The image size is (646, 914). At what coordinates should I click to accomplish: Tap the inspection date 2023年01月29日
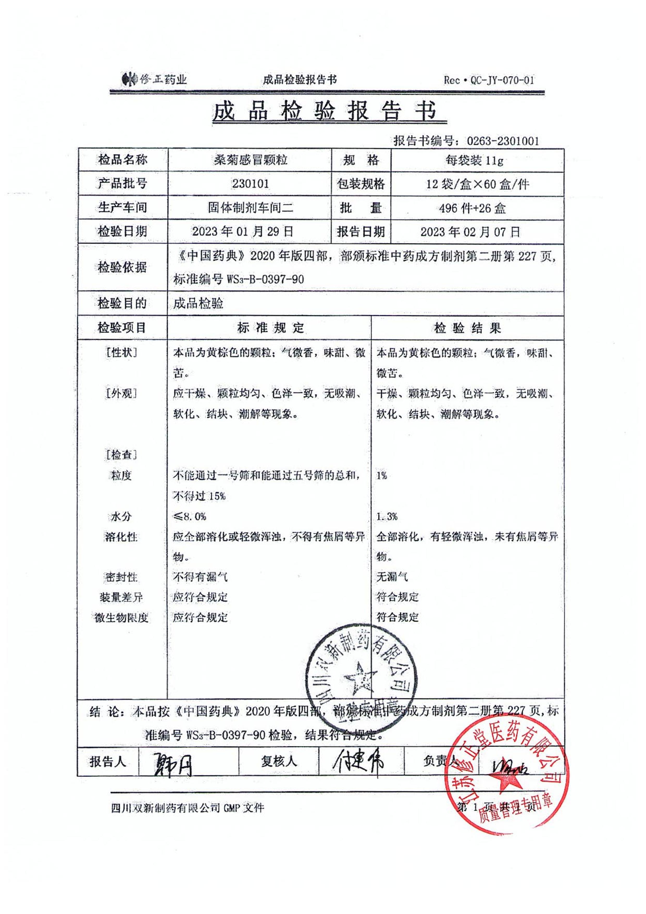[243, 231]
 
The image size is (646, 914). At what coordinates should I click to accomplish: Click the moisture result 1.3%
[387, 517]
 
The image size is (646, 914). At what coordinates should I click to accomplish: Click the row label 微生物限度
[121, 617]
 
